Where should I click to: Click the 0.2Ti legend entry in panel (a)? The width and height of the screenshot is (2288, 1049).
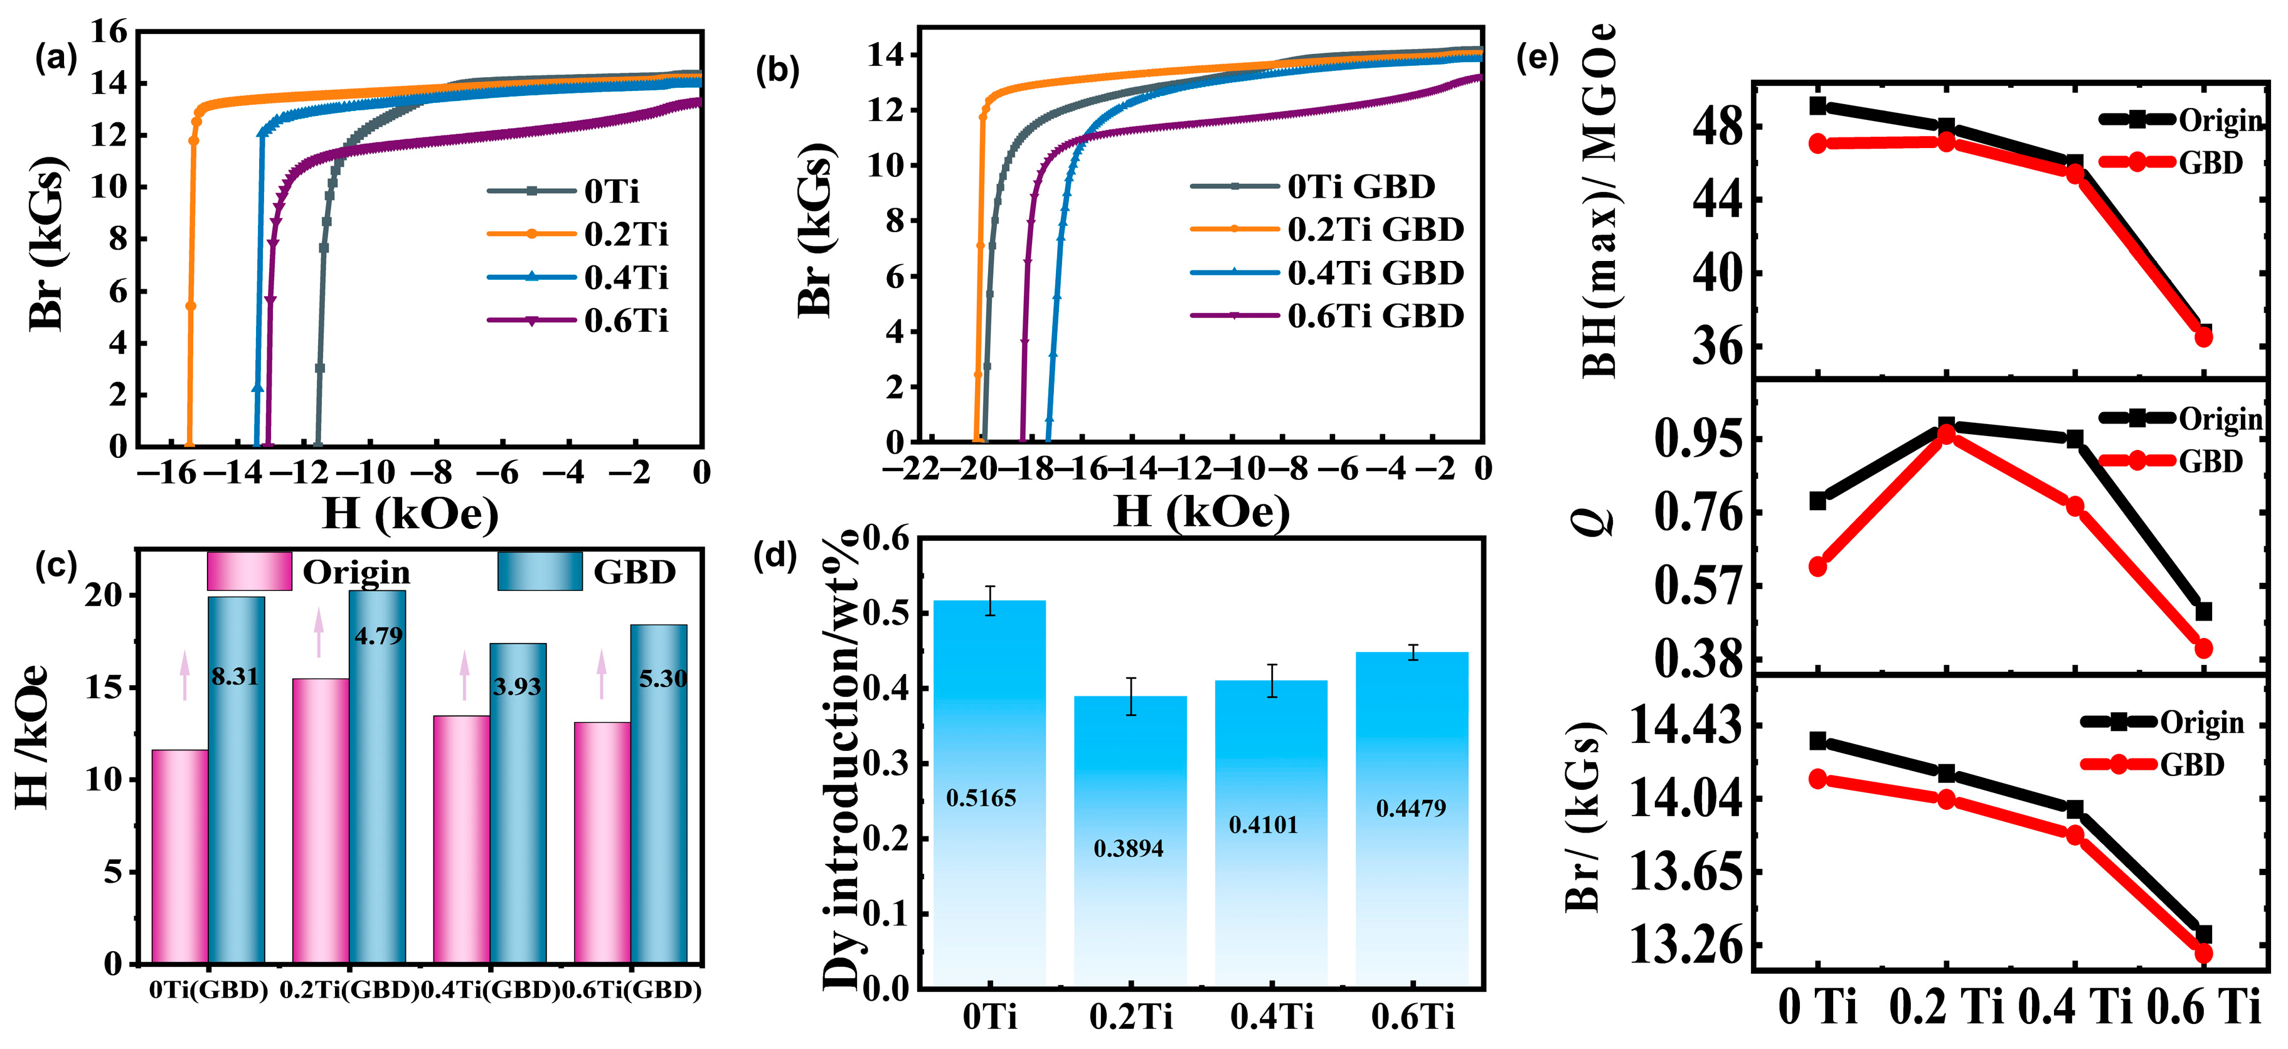click(x=577, y=233)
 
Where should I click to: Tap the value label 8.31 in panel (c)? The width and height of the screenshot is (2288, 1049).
click(x=235, y=677)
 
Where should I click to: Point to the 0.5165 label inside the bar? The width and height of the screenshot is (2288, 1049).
click(x=981, y=797)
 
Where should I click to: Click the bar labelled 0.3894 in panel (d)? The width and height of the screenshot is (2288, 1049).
click(x=1130, y=840)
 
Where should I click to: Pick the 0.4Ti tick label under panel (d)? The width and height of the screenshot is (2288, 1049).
click(x=1272, y=1016)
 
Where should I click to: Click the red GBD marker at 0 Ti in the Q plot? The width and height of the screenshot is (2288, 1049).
click(x=1818, y=567)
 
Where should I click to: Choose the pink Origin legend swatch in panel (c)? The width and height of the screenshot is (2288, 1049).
click(x=250, y=571)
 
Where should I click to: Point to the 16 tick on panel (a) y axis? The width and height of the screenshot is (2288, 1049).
click(x=109, y=32)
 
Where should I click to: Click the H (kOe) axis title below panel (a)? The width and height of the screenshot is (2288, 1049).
click(x=410, y=513)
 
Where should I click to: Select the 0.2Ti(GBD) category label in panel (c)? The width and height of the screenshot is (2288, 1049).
click(x=349, y=989)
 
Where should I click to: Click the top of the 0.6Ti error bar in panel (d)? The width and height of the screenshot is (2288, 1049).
click(x=1412, y=645)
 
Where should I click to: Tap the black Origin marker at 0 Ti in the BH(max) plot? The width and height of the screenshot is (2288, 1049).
click(x=1818, y=105)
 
